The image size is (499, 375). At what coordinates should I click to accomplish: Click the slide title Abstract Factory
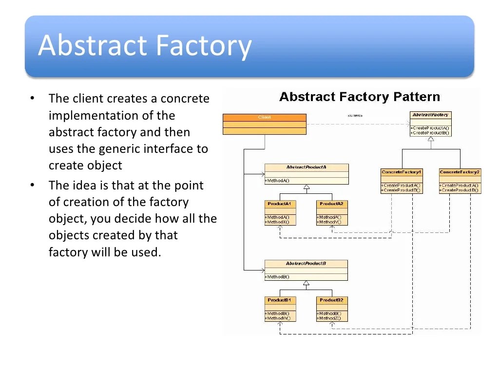point(145,45)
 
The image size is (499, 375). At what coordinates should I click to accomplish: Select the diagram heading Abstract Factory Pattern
point(360,97)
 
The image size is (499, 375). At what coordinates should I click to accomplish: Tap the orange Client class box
point(264,124)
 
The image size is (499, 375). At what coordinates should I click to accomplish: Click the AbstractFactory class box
point(430,124)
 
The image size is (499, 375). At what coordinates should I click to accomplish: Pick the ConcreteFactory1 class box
point(402,181)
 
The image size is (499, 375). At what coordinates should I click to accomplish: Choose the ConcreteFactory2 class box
point(460,181)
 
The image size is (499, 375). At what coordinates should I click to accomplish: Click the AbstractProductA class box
point(306,174)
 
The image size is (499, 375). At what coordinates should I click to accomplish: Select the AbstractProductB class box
point(306,270)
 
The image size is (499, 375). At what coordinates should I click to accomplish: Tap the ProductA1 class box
point(279,212)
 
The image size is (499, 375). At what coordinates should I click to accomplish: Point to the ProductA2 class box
point(331,212)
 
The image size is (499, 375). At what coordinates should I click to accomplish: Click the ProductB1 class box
point(279,309)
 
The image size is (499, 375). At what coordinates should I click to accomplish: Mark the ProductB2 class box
point(331,309)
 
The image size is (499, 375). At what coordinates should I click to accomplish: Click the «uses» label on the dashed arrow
point(355,116)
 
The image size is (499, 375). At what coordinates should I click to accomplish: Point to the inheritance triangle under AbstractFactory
point(430,139)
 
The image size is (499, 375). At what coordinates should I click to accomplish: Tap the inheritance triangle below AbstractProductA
point(306,187)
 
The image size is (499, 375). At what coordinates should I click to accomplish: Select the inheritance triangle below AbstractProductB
point(306,283)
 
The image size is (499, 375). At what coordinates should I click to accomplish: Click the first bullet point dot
point(32,99)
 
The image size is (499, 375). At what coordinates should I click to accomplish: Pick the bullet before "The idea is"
point(32,186)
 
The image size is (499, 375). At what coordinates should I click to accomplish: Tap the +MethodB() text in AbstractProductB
point(277,277)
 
